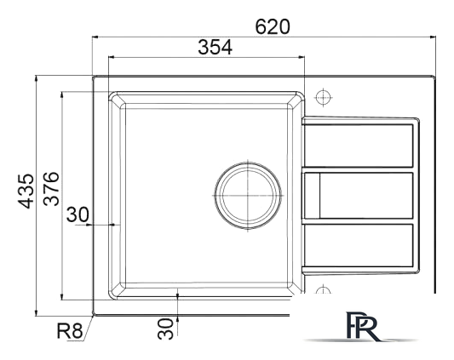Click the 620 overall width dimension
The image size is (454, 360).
pyautogui.click(x=273, y=26)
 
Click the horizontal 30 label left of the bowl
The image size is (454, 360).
pyautogui.click(x=78, y=214)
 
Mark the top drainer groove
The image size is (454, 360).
pyautogui.click(x=359, y=143)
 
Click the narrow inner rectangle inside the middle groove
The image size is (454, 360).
pyautogui.click(x=313, y=195)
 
